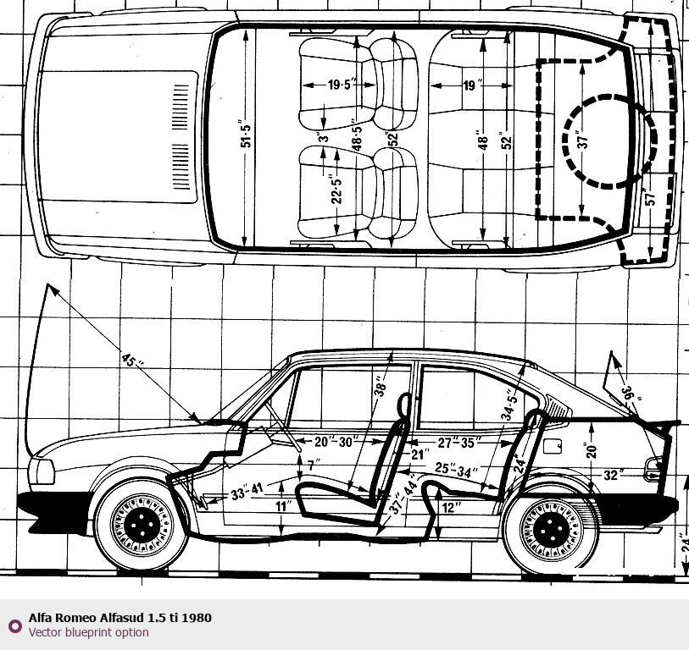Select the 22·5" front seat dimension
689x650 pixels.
(x=336, y=191)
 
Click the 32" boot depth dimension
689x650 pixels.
(x=613, y=476)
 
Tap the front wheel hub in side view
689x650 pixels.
(x=141, y=526)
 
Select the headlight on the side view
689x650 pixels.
(x=40, y=471)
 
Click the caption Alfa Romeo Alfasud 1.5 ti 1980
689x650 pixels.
(x=119, y=618)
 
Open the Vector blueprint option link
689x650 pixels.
(x=88, y=632)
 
